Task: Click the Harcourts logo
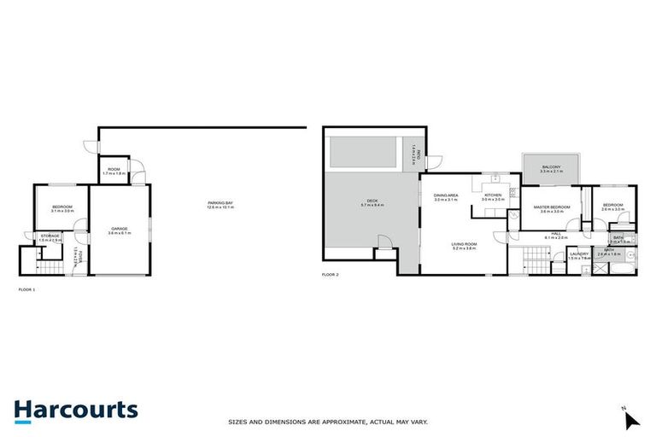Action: tap(76, 410)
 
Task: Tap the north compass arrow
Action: tap(632, 419)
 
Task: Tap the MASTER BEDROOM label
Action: tap(552, 208)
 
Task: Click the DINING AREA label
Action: tap(446, 197)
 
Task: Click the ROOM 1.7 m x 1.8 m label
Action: tap(114, 172)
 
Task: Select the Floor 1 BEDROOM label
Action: tap(61, 207)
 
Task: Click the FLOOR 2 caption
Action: tap(330, 275)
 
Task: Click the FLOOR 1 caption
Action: tap(26, 290)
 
